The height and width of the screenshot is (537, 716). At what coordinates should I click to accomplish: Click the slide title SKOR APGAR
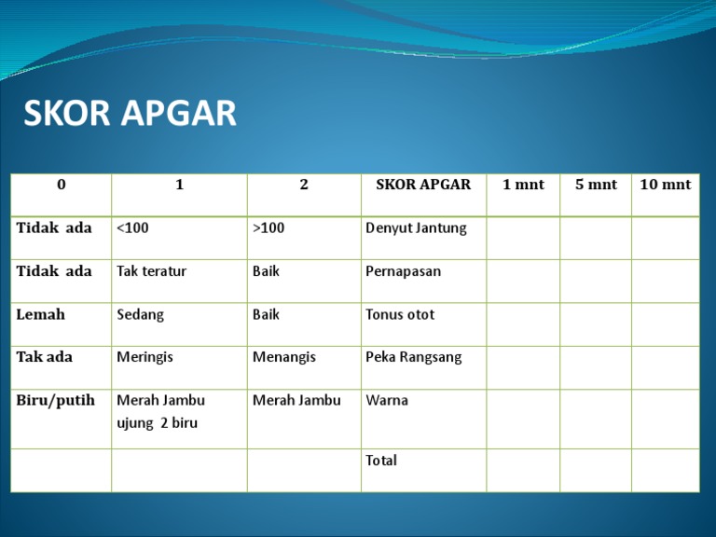(x=130, y=115)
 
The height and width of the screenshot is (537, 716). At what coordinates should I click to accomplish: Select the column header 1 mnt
(x=523, y=185)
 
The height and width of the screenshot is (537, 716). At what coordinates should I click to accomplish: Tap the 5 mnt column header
(x=596, y=185)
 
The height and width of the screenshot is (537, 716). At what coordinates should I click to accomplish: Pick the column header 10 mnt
(x=665, y=185)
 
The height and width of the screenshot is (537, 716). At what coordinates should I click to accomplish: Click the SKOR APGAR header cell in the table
(x=423, y=185)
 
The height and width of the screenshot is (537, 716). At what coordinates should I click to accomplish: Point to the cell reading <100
(x=132, y=228)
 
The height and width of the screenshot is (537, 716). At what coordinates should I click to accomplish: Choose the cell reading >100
(x=268, y=228)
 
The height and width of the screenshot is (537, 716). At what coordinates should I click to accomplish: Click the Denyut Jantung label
(x=416, y=228)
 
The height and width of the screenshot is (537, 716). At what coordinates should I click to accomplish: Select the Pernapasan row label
(x=404, y=271)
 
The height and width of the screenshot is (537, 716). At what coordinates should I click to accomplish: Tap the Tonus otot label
(x=400, y=314)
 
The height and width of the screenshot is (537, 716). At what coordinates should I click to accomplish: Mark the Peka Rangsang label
(x=413, y=357)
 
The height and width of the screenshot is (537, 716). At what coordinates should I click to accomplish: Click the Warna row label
(x=387, y=400)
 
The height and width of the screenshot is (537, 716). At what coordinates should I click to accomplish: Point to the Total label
(x=381, y=460)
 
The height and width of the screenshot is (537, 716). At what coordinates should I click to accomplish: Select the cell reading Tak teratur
(x=152, y=271)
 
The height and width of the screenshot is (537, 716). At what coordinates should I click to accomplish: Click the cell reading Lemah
(x=41, y=314)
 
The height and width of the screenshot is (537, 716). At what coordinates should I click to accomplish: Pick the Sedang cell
(x=141, y=314)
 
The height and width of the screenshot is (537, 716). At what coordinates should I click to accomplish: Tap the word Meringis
(x=145, y=357)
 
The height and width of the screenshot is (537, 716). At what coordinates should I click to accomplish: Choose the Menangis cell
(x=284, y=357)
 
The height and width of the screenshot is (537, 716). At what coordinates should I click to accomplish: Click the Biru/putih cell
(x=55, y=400)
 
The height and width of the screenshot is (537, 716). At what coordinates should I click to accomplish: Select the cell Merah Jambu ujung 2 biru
(x=160, y=411)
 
